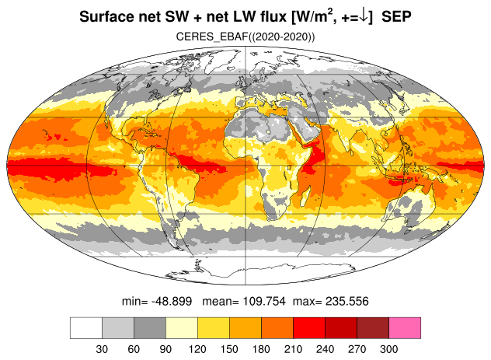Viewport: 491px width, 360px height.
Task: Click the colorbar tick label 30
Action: click(102, 349)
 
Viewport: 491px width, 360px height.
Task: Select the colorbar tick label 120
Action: click(197, 349)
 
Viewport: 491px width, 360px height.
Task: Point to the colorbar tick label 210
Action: click(293, 349)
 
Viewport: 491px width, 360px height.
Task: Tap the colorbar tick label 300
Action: click(388, 349)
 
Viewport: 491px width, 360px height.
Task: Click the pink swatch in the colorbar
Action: click(405, 327)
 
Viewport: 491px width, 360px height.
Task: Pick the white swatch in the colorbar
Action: click(86, 327)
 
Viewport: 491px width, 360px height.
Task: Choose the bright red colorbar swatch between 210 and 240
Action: click(309, 327)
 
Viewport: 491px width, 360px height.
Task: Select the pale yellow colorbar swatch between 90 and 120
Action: click(182, 327)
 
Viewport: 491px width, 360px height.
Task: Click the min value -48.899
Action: click(172, 301)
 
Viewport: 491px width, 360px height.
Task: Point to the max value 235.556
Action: click(347, 301)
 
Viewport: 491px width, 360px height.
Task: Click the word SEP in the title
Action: click(396, 16)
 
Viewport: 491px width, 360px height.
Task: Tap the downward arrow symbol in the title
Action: click(364, 16)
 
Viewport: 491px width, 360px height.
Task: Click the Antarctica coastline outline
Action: click(260, 272)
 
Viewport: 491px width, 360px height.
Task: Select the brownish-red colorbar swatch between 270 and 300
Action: click(373, 327)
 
